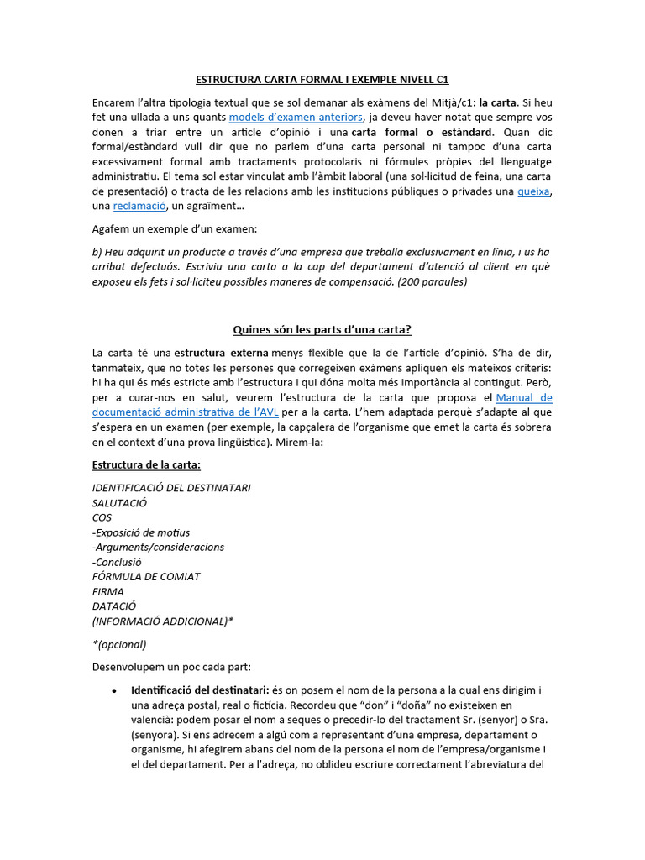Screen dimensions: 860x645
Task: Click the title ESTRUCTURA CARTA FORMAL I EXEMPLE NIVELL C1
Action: pos(322,80)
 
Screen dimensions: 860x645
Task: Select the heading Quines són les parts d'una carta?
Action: pos(322,329)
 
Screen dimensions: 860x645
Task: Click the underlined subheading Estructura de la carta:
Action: pos(146,465)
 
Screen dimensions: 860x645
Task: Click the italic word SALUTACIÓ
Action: pos(119,502)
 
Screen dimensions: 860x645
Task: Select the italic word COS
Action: pos(102,517)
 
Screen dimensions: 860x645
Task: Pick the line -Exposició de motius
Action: pos(141,532)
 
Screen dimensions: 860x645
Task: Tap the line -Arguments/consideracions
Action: pos(158,547)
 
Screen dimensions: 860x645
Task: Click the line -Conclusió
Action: pos(117,562)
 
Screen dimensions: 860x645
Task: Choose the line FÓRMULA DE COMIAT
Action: pos(146,576)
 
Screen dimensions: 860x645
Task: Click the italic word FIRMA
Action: pos(108,591)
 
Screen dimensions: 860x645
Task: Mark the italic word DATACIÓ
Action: pos(114,606)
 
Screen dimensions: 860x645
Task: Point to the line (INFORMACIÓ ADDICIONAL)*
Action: pos(163,621)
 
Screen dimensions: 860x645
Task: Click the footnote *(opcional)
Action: pos(119,644)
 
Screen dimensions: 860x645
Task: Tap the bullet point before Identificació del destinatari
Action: pos(113,690)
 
